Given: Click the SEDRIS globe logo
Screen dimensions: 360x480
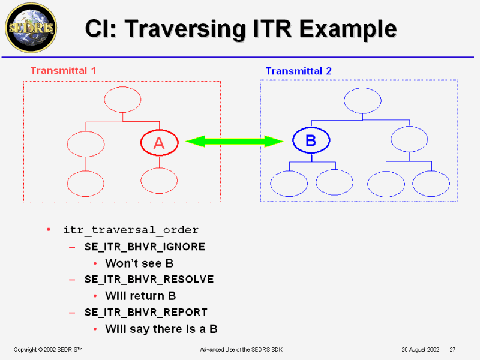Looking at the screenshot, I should [31, 27].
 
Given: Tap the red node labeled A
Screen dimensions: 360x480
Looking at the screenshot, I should [159, 143].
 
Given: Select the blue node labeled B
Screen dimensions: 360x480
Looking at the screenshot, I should [311, 141].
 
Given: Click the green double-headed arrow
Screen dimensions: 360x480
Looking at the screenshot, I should [235, 142].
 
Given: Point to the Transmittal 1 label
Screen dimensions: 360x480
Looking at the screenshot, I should [63, 70].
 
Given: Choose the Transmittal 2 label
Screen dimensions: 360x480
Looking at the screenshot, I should [298, 71].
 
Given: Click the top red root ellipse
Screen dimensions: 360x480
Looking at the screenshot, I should [122, 100].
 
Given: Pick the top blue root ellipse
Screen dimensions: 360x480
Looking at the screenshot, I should [362, 100].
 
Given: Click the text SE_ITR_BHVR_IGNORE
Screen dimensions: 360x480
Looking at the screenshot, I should [145, 247].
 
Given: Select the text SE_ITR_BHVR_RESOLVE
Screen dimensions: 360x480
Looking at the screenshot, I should [149, 280].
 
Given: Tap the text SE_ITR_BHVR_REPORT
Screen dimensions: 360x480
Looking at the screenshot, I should [146, 312].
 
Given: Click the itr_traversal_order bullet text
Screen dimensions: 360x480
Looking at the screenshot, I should [131, 230].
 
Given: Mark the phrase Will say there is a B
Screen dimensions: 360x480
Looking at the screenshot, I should [161, 329].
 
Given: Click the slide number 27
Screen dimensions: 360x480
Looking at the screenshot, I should [453, 349].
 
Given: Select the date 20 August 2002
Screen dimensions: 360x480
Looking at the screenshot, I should [421, 349].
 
